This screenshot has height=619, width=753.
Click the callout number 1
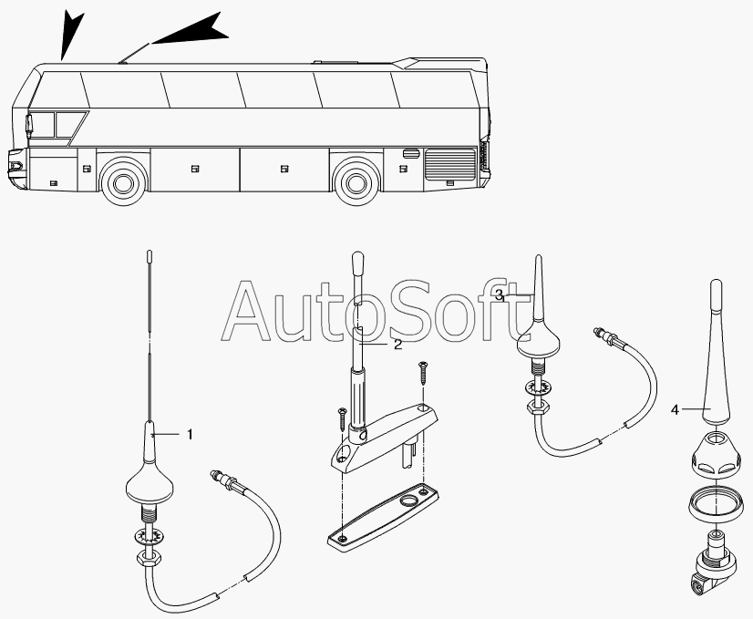coord(190,435)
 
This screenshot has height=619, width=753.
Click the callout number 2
coord(397,345)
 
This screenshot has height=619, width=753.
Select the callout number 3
coord(499,295)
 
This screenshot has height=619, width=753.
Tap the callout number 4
coord(675,410)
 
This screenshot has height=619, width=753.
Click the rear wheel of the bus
coord(356,181)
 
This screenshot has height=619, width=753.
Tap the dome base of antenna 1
coord(148,484)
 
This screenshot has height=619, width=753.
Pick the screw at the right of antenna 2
coord(422,373)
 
